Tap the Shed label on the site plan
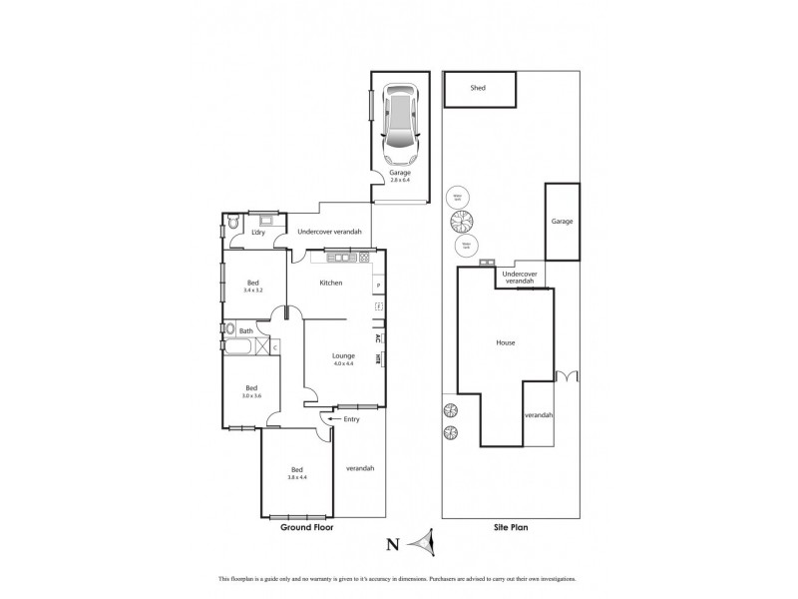coord(478,88)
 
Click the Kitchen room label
coord(331,284)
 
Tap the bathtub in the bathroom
coord(239,348)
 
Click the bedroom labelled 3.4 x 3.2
coord(253,287)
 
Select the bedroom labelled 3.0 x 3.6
coord(250,392)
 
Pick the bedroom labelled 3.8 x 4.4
coord(296,473)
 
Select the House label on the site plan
coord(505,342)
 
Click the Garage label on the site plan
coord(562,221)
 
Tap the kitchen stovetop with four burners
coord(364,258)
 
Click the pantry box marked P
coord(378,287)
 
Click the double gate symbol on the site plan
coord(567,376)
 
